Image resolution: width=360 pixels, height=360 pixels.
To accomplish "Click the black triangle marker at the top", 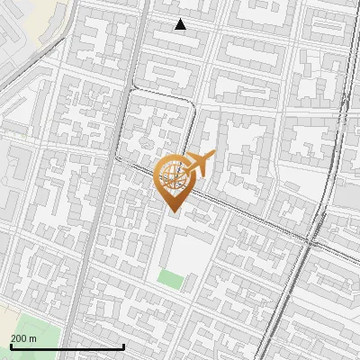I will coord(181,24).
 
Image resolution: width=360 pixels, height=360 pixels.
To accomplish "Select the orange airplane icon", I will coord(200,163).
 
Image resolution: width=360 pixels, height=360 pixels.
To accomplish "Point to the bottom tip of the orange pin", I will coord(173,211).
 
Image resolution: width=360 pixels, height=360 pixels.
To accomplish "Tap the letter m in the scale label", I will coord(33,337).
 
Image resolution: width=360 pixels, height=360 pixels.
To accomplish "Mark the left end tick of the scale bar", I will coord(10,346).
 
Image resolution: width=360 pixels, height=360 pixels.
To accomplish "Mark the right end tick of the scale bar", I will coord(123,346).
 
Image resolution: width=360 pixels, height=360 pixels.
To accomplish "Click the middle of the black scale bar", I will coord(67,346).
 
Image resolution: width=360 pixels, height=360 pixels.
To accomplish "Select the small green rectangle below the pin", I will coord(170,278).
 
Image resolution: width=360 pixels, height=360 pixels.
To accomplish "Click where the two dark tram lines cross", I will coord(314,241).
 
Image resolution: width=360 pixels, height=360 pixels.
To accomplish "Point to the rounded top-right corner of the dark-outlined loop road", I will coord(192,103).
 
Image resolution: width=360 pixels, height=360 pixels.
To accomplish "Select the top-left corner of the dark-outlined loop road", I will coord(134,91).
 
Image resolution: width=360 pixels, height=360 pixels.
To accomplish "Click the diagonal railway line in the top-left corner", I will coord(27,67).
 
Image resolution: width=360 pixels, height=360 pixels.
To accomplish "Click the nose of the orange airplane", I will coord(213,157).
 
